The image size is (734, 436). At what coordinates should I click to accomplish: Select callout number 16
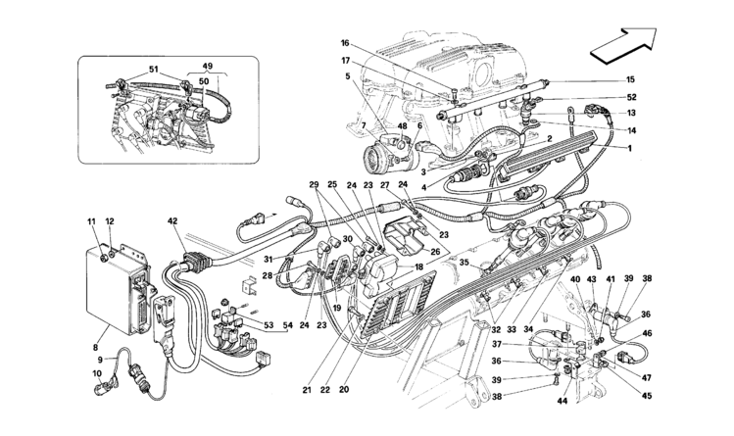point(346,44)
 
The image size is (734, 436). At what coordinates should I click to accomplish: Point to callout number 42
point(171,221)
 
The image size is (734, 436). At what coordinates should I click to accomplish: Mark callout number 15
point(630,79)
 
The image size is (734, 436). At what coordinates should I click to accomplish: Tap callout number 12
point(110,223)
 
